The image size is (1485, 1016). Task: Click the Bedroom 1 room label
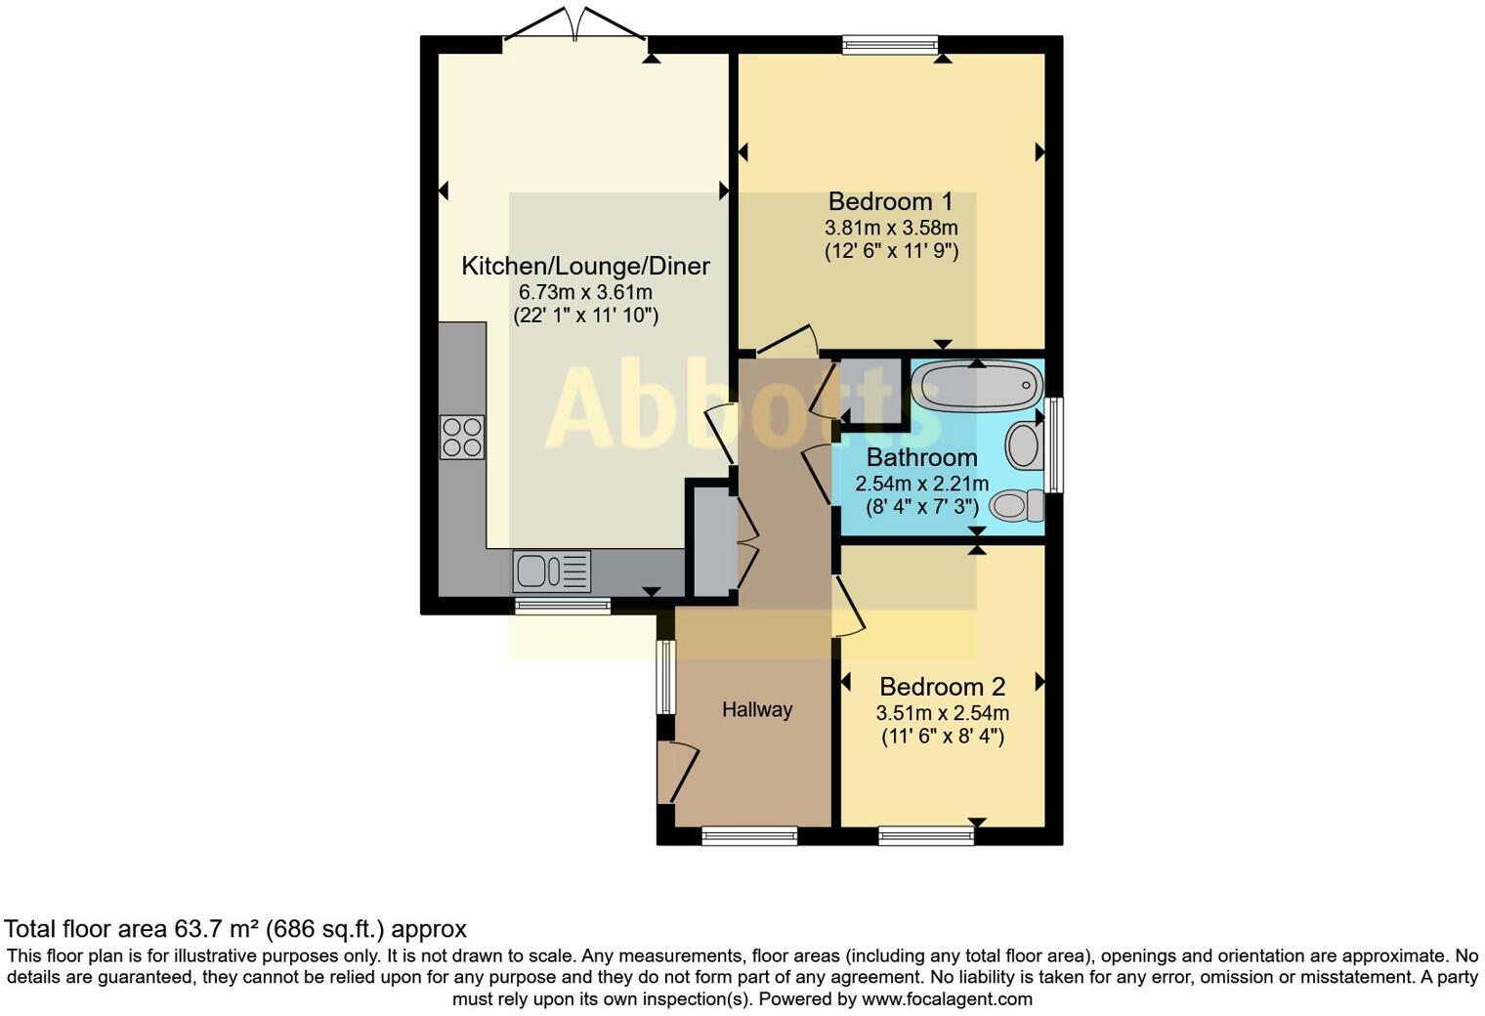click(890, 202)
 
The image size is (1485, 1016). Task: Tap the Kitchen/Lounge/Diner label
click(585, 266)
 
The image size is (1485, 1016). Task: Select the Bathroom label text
click(921, 457)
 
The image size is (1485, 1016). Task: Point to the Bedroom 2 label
click(942, 687)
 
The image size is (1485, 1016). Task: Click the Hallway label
click(757, 710)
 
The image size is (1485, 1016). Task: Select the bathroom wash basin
click(1025, 444)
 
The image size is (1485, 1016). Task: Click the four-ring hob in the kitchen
click(462, 437)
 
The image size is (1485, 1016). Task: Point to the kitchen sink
click(552, 571)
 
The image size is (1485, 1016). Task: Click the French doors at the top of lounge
click(574, 24)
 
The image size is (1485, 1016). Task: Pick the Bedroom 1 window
click(890, 44)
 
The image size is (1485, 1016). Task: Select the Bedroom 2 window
click(926, 835)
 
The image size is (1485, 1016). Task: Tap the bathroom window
click(1054, 444)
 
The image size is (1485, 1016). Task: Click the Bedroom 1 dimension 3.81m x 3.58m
click(891, 228)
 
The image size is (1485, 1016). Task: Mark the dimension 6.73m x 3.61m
click(585, 292)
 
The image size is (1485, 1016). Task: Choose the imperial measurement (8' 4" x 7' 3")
click(922, 507)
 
